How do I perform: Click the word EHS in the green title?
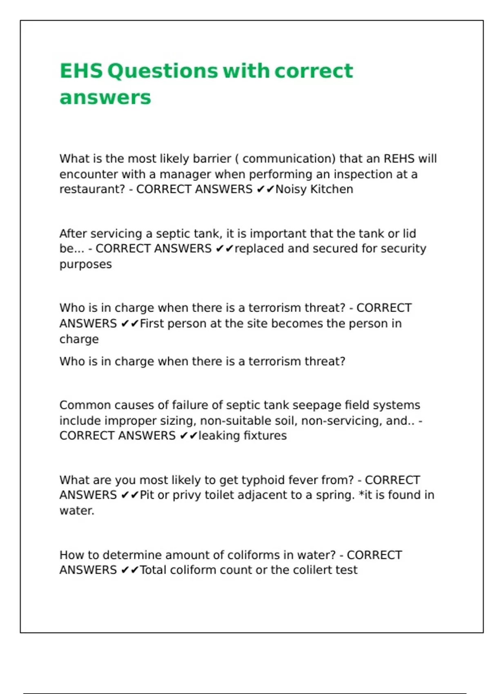[x=81, y=71]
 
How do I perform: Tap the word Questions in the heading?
[x=163, y=71]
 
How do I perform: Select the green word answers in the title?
[x=105, y=98]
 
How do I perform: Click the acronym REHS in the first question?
[x=398, y=158]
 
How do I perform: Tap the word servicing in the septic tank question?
[x=116, y=234]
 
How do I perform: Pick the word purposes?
[x=85, y=265]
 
